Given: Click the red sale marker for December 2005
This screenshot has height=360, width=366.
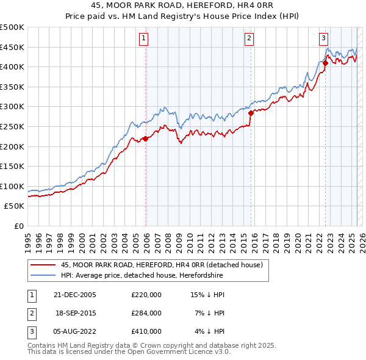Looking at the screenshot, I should click(x=146, y=139).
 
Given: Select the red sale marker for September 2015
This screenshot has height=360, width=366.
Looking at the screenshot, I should click(x=251, y=112).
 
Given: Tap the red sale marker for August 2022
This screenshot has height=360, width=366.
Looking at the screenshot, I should click(x=325, y=62).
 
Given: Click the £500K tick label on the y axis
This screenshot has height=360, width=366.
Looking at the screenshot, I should click(x=12, y=27).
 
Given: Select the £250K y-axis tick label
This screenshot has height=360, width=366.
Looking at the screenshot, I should click(x=12, y=126).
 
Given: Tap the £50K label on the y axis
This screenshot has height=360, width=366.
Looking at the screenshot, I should click(x=15, y=206).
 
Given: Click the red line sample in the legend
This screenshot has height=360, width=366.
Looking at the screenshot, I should click(x=42, y=265).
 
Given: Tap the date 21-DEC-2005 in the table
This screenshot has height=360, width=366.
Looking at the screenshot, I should click(x=75, y=295).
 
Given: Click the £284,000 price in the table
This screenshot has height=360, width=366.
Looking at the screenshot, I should click(x=146, y=313).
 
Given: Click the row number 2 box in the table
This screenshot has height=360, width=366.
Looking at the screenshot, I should click(x=31, y=313).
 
